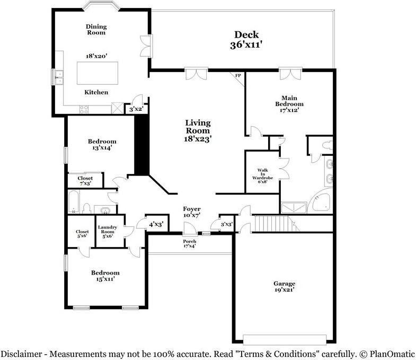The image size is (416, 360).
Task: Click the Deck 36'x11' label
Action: [247, 40]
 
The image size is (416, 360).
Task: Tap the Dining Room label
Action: [96, 29]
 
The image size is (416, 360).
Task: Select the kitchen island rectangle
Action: [96, 73]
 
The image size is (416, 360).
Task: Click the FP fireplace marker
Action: [238, 76]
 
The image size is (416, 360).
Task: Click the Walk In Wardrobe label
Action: [263, 174]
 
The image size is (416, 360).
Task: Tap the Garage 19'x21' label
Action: [284, 287]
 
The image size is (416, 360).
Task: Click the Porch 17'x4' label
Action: [189, 244]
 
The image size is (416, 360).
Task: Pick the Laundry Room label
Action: [107, 232]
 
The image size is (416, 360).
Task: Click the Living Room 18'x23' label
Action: [197, 130]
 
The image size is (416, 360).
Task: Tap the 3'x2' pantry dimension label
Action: [136, 109]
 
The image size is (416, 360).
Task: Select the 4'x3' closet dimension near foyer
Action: [156, 225]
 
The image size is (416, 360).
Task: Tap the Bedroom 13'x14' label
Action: [102, 145]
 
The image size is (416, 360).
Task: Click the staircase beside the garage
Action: [272, 224]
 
